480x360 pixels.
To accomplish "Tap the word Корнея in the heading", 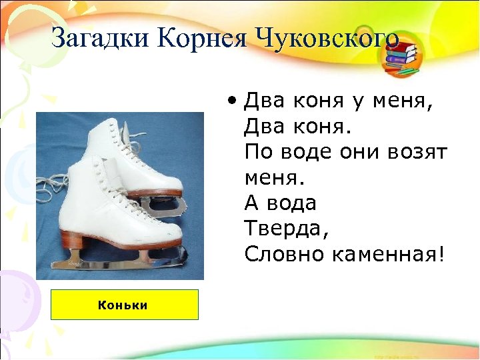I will (x=200, y=37).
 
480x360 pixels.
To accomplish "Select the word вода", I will (x=291, y=203).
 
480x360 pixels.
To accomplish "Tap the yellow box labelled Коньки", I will (x=125, y=305).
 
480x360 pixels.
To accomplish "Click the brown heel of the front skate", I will (x=77, y=239).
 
